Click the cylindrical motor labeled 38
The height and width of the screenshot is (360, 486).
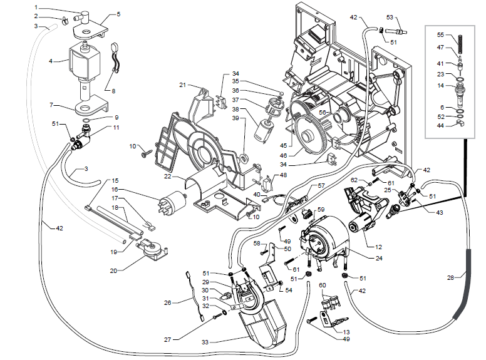[259, 131]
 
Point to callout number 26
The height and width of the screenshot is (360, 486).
[167, 303]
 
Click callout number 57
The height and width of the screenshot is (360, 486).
[321, 186]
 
